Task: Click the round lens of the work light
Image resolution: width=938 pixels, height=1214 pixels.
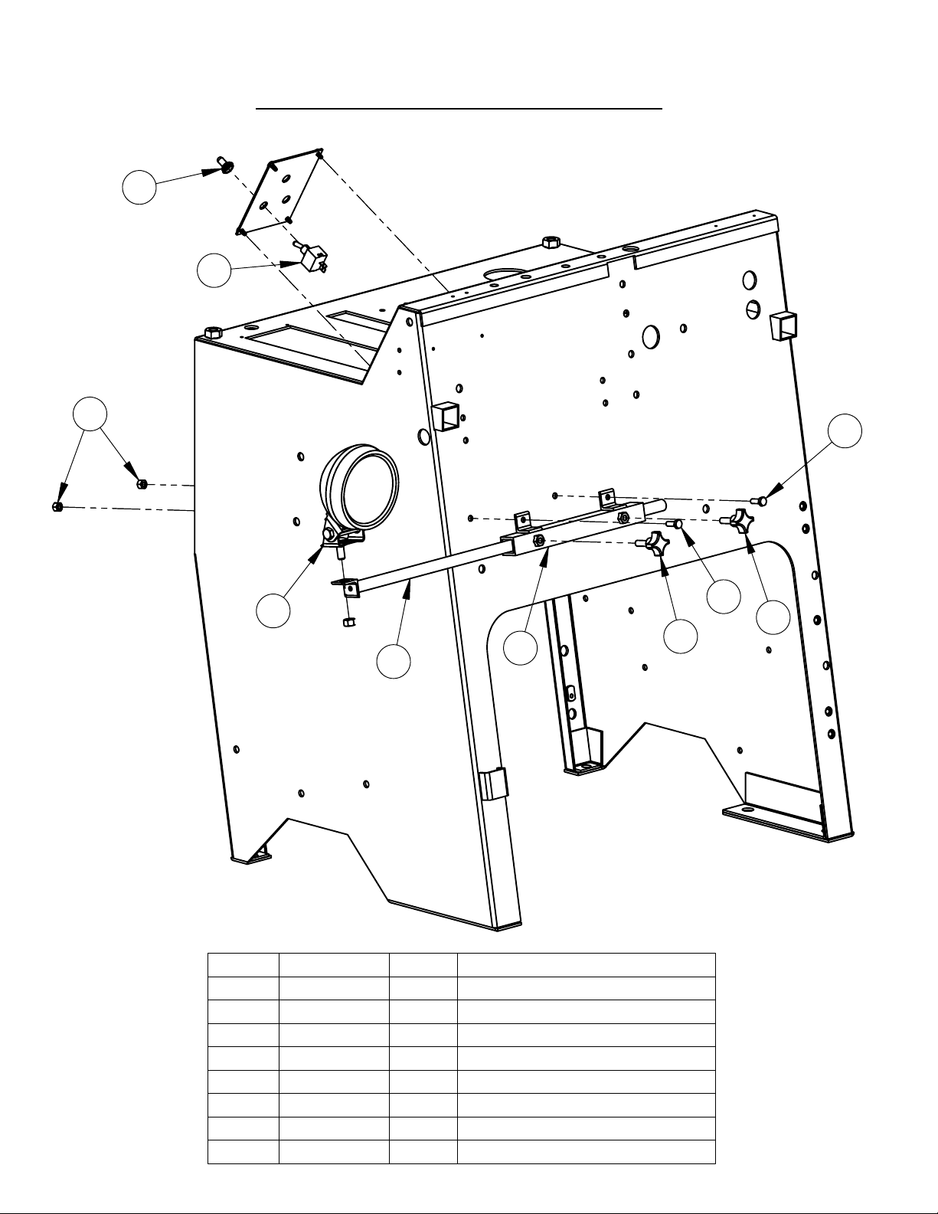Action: point(371,484)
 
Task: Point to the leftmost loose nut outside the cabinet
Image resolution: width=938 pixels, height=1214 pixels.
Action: point(57,506)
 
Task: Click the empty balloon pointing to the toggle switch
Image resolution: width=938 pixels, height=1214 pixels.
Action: point(214,270)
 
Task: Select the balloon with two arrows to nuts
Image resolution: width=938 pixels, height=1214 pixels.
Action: point(90,414)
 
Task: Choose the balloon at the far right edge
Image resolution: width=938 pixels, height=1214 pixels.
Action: point(845,430)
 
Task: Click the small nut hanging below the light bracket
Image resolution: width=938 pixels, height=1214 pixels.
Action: point(345,622)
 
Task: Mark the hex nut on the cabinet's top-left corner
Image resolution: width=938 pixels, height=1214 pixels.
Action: point(214,333)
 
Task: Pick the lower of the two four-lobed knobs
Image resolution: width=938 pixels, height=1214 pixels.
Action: point(656,546)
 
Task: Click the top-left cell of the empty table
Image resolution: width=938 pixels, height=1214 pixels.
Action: point(243,965)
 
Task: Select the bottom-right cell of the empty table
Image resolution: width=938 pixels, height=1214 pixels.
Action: point(586,1152)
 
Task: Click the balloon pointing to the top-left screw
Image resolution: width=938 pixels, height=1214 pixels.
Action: point(139,188)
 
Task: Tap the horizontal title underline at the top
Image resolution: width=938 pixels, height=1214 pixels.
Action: point(458,109)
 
